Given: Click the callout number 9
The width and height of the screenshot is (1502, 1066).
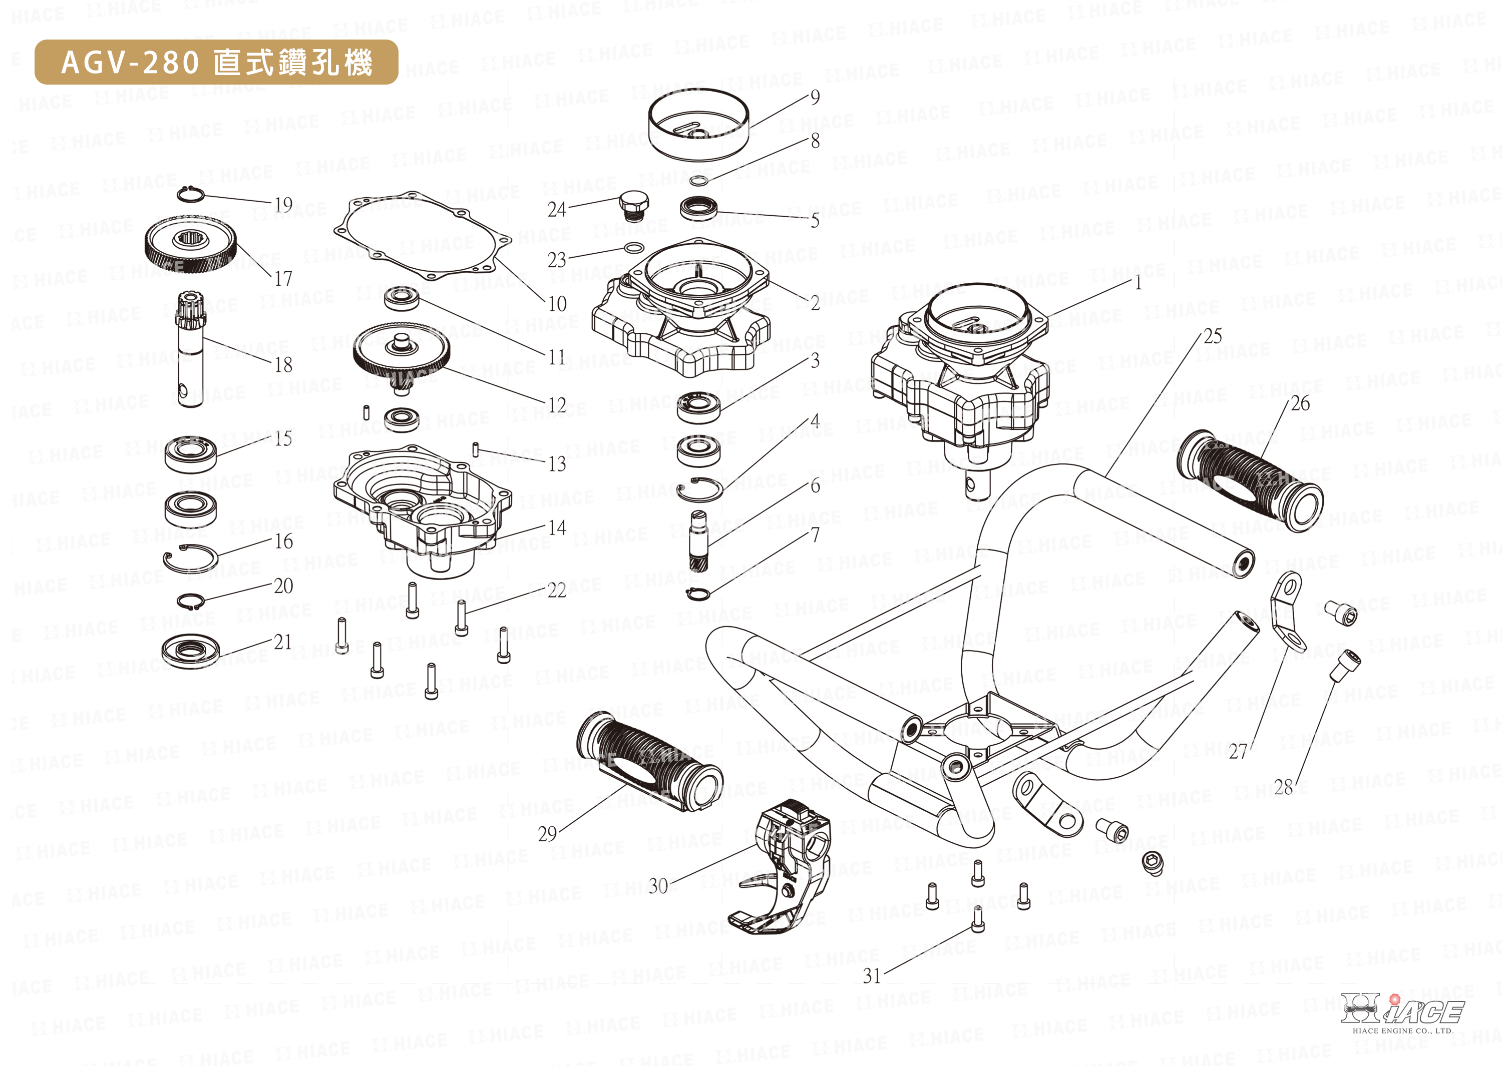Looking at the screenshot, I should pos(815,97).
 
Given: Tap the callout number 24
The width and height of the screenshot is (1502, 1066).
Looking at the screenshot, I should pos(557,209).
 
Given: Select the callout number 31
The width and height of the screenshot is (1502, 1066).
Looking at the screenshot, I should pos(872,976).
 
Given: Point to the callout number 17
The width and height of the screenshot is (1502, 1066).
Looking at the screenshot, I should pos(283,279).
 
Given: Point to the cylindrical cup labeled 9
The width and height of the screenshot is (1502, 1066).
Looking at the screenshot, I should pos(698,124).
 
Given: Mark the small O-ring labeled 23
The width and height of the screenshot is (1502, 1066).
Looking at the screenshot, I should pos(633,247).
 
